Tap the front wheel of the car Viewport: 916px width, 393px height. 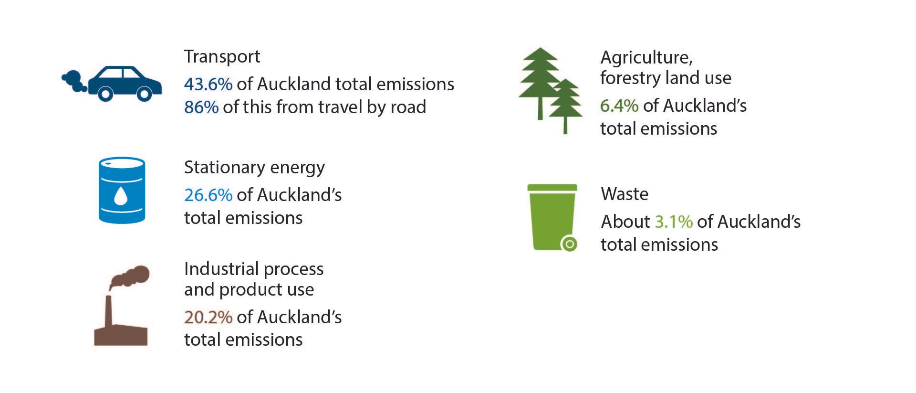pos(144,94)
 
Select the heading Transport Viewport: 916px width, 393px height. pos(222,57)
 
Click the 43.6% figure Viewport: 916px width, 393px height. pos(208,85)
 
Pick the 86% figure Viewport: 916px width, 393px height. pos(201,107)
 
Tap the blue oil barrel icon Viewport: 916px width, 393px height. pos(122,190)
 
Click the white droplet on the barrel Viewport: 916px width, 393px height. pos(121,196)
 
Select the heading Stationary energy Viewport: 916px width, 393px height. pos(254,168)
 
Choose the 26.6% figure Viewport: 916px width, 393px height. pos(208,195)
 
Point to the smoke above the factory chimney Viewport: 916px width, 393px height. pos(130,277)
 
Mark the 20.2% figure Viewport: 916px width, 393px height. pos(208,317)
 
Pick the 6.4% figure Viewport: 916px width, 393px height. pos(619,106)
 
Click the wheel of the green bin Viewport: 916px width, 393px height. pos(569,244)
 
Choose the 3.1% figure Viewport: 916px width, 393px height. pos(673,222)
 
